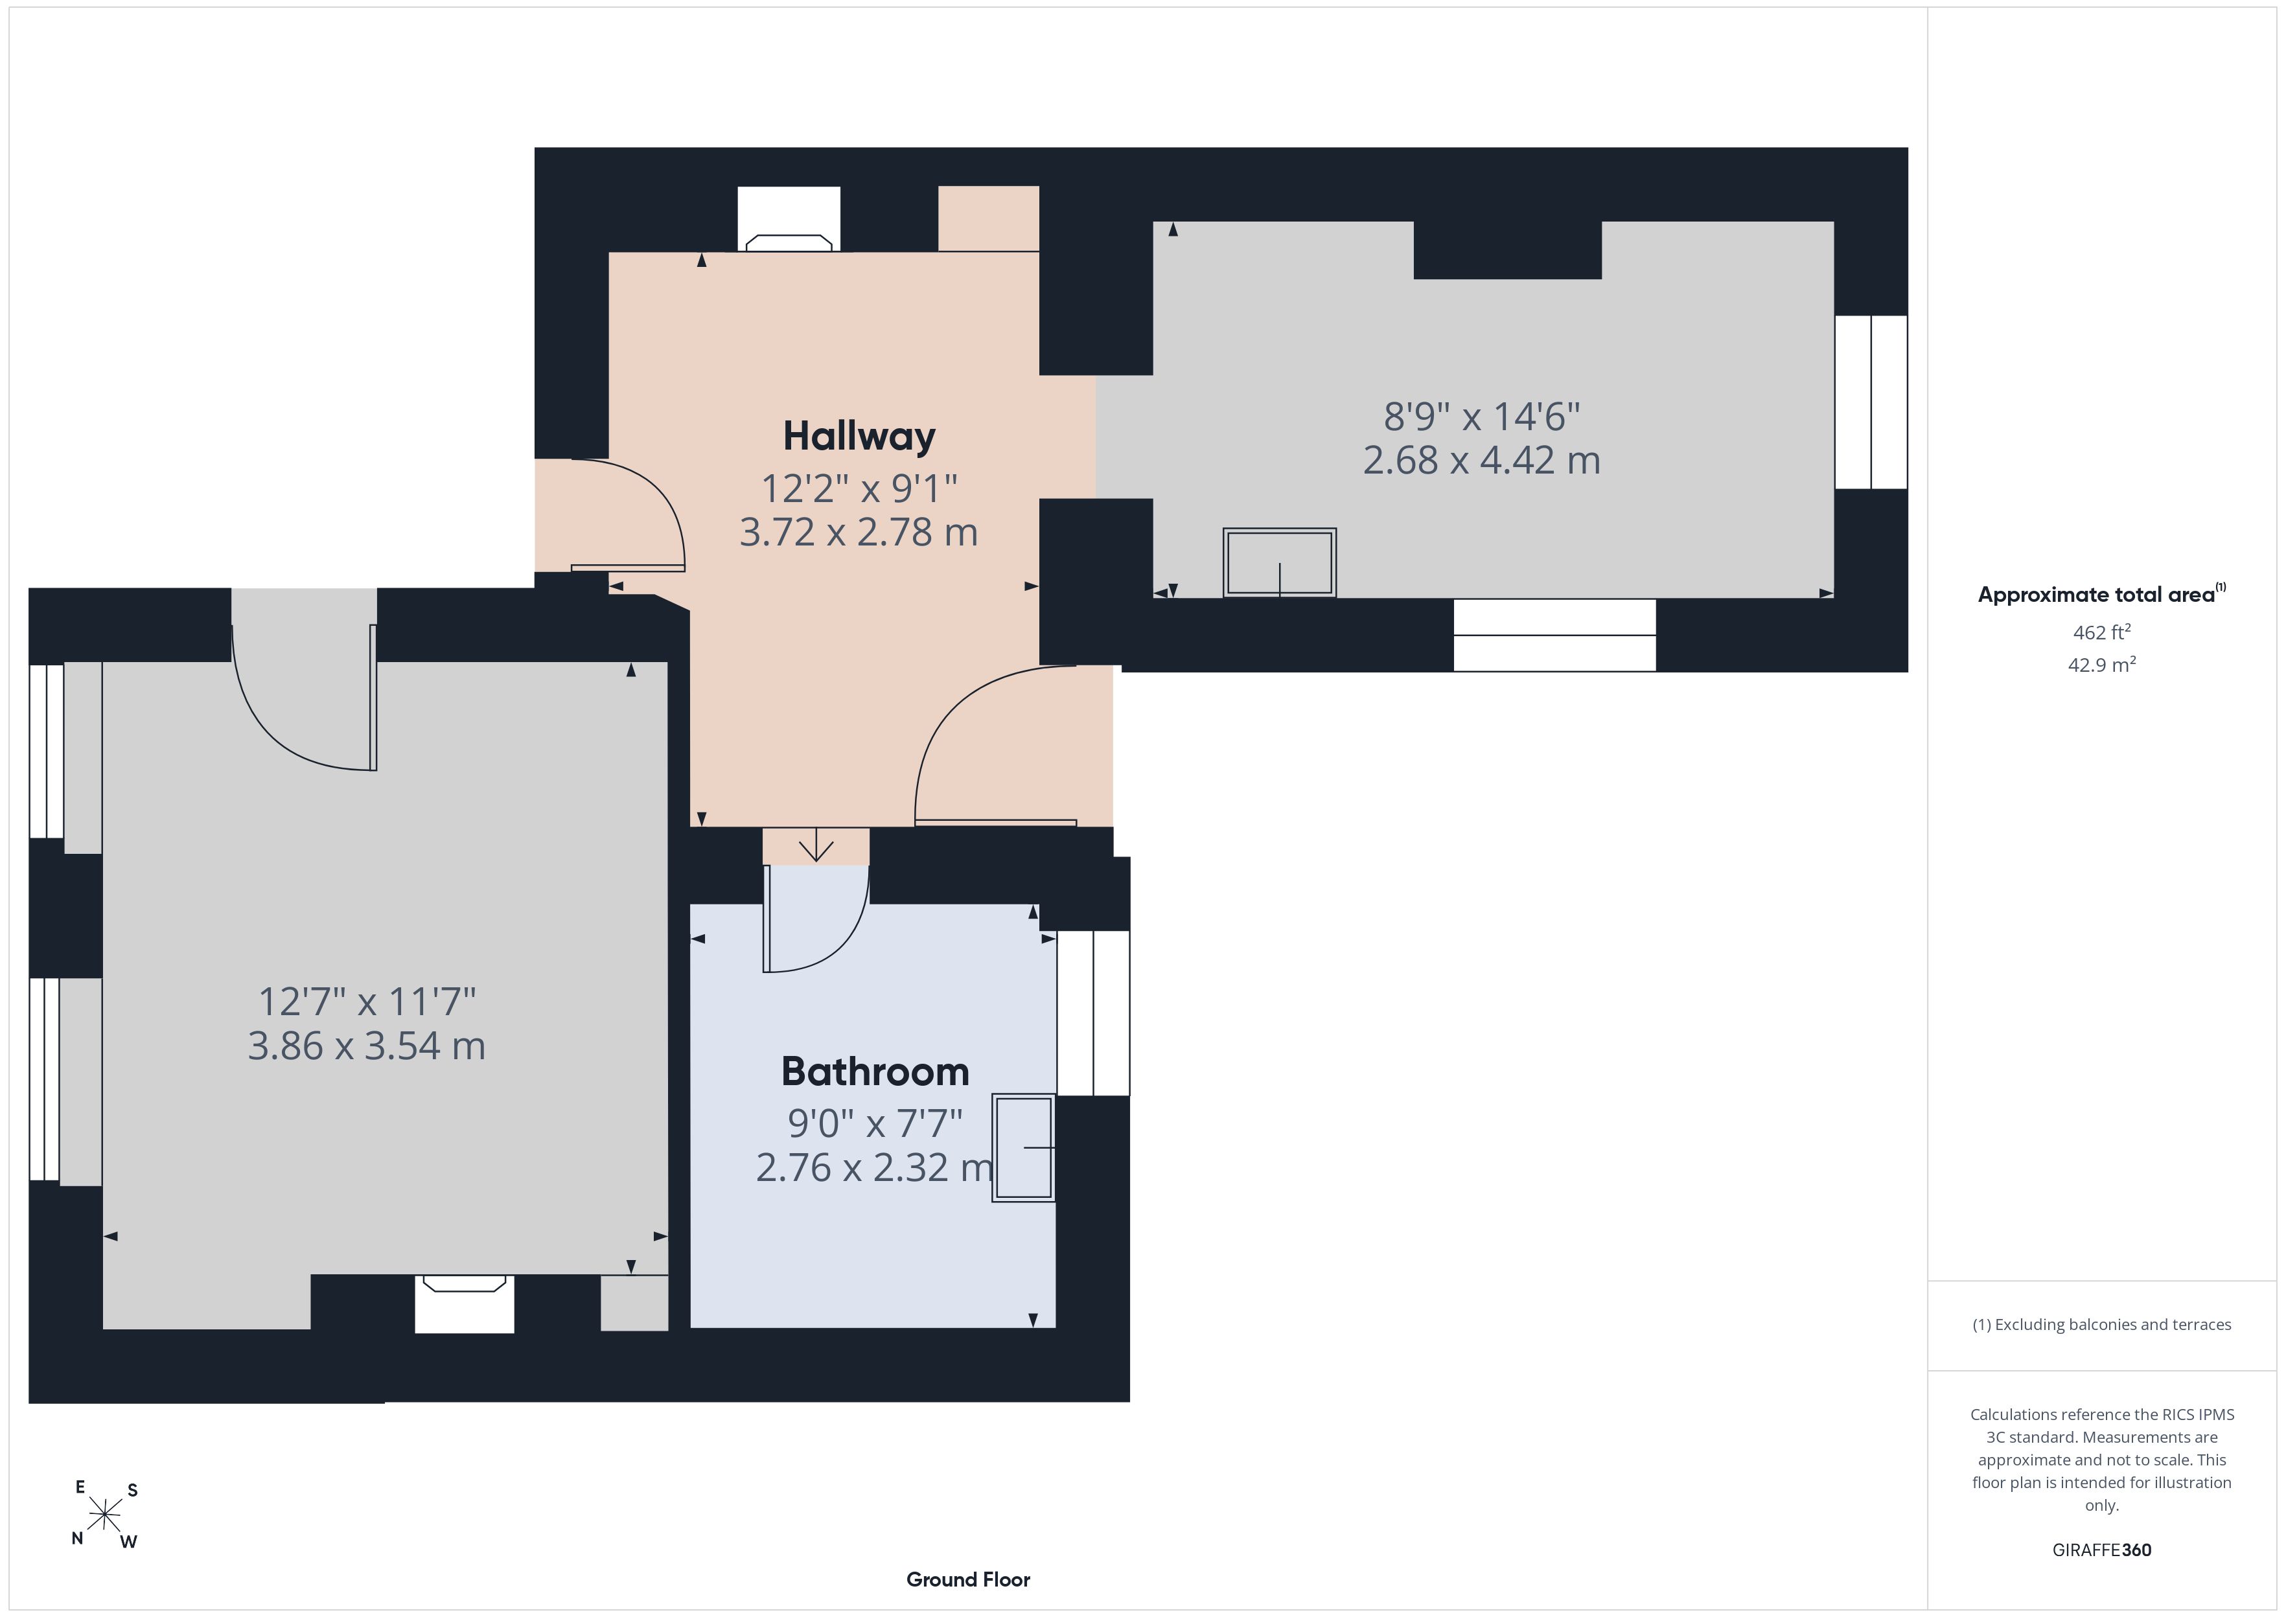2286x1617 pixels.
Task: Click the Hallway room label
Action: [859, 436]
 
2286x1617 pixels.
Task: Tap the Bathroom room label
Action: [875, 1072]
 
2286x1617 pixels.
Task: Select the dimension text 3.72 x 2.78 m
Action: [859, 532]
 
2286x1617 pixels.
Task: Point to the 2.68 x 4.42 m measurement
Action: [1481, 460]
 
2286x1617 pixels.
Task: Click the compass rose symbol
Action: [104, 1515]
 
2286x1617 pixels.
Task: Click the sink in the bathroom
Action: [1024, 1148]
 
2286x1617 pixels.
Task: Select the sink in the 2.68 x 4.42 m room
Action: [1280, 562]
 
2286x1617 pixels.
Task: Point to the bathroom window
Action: [1093, 1013]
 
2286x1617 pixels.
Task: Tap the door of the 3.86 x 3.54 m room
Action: [373, 697]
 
